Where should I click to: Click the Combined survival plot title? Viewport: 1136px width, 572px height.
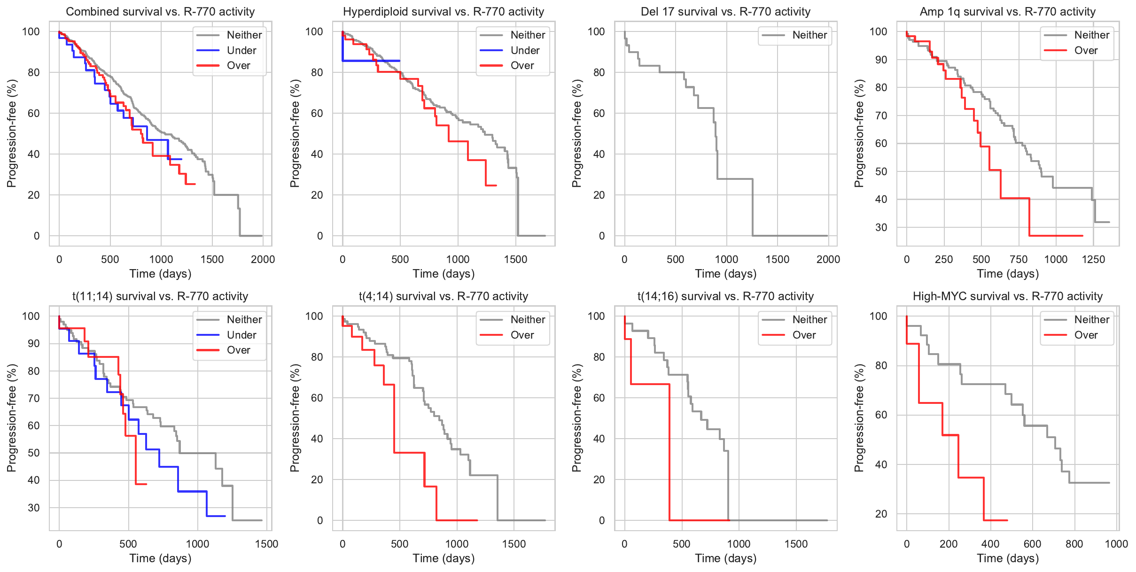[x=160, y=12]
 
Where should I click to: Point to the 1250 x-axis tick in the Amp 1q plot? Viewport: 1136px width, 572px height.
[x=1093, y=259]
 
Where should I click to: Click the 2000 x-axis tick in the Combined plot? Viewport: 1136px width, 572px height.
[x=263, y=259]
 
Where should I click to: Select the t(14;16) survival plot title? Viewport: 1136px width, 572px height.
[x=725, y=296]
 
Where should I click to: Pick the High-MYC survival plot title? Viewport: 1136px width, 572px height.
[x=1007, y=296]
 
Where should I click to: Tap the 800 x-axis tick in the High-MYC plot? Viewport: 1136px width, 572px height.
[x=1074, y=544]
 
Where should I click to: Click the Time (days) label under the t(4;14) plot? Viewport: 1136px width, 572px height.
[x=444, y=558]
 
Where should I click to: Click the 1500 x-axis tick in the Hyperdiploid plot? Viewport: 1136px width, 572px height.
[x=515, y=259]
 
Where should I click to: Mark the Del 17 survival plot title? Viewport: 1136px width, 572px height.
[x=725, y=12]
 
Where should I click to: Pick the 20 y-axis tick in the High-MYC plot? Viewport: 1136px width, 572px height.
[x=881, y=514]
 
